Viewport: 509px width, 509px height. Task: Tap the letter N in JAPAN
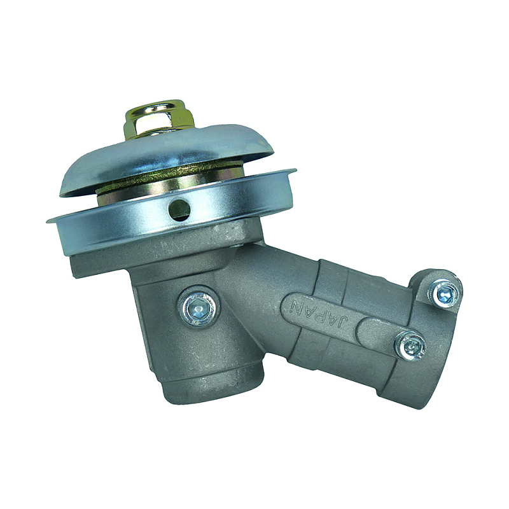(296, 305)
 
